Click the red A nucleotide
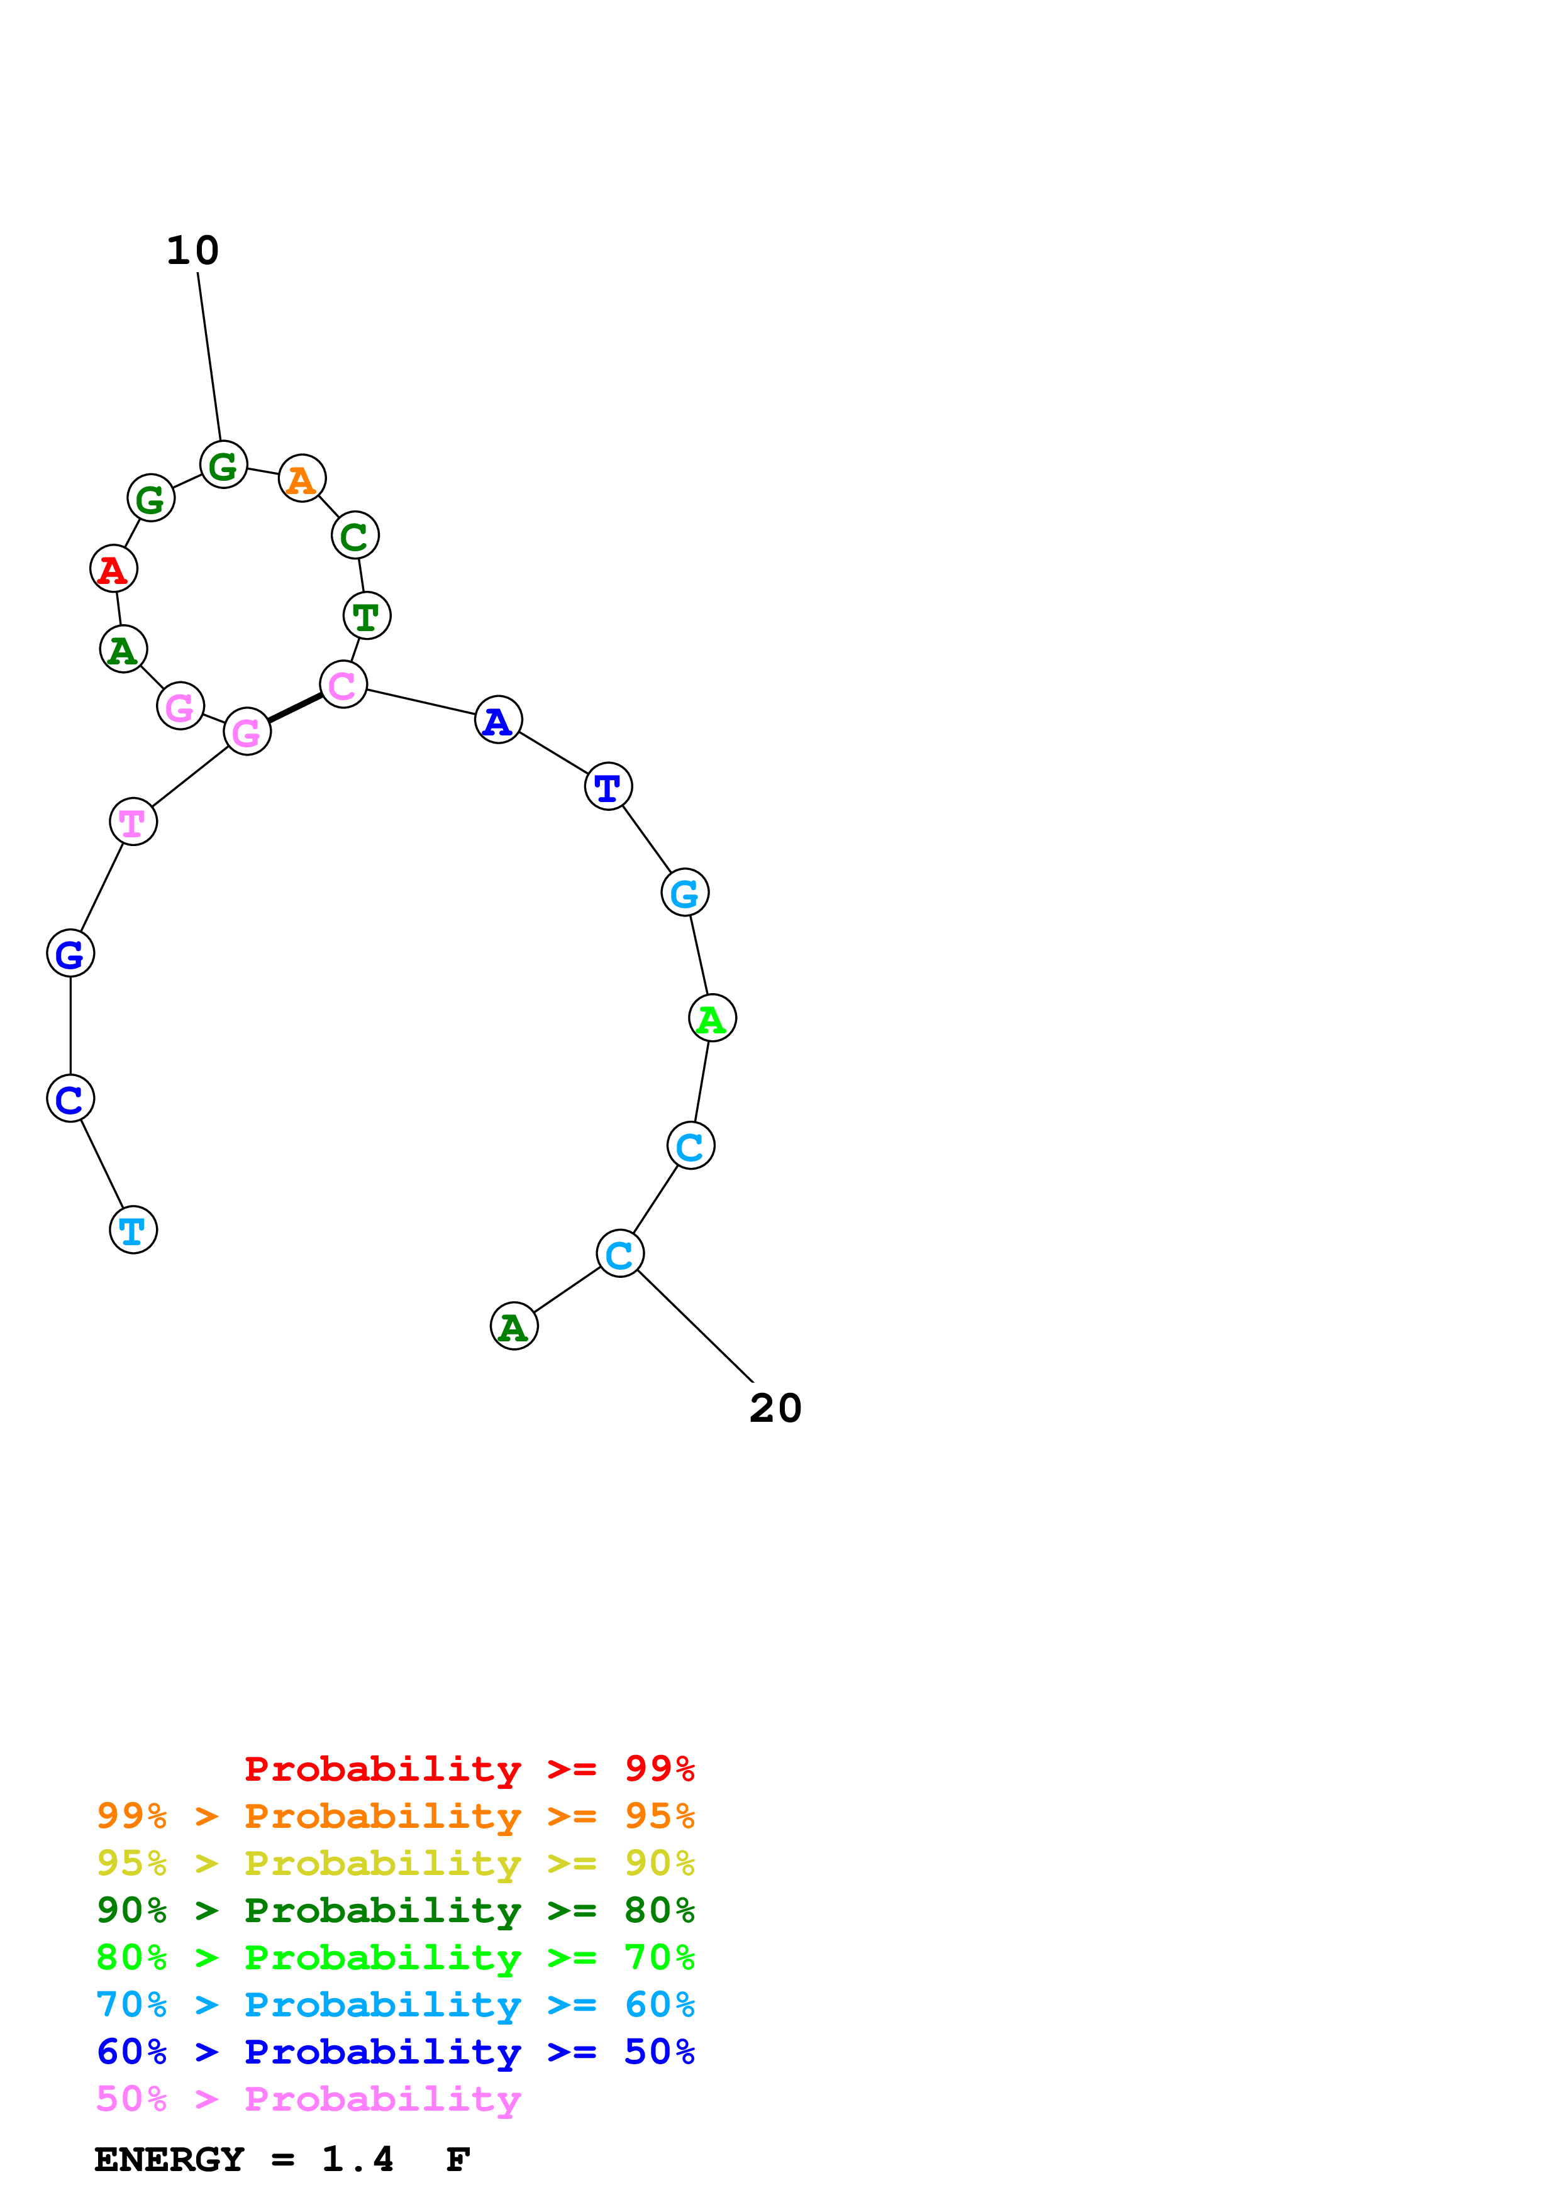(113, 569)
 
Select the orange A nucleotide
(302, 478)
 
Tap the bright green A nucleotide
(712, 1018)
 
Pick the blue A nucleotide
(497, 720)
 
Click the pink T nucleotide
(133, 822)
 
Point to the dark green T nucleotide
(366, 615)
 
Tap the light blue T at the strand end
(133, 1229)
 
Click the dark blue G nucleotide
(70, 954)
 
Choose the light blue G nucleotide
(684, 893)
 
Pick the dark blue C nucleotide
(70, 1099)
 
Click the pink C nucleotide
(343, 685)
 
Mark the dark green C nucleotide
(355, 536)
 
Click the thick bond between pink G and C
(295, 708)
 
